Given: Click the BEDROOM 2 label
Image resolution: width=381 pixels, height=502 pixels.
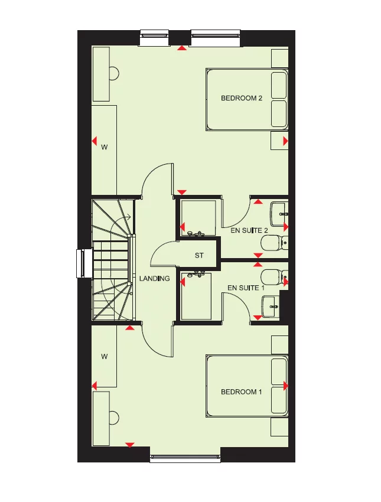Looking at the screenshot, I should tap(241, 98).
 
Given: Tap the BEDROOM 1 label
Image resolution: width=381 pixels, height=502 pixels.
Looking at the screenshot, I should tap(241, 392).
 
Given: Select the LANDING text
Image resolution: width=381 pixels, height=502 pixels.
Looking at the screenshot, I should tap(155, 278).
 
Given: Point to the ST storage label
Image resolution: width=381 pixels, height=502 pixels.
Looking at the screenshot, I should tap(199, 256).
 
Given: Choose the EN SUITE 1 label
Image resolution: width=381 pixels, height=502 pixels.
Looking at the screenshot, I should tap(243, 288).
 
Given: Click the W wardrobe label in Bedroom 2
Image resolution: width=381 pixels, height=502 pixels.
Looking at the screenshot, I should tap(105, 147).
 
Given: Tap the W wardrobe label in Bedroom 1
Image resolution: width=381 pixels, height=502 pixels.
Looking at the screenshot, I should tap(105, 356).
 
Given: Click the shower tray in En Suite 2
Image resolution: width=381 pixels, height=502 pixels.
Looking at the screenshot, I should tap(198, 217).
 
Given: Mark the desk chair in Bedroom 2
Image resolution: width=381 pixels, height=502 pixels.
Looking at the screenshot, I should tap(114, 73).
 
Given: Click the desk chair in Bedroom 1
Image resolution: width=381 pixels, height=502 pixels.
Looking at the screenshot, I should tap(114, 418).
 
